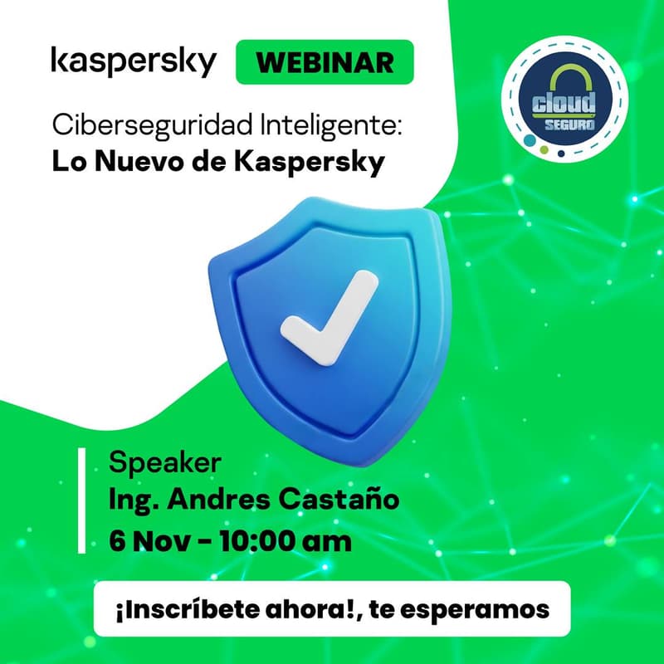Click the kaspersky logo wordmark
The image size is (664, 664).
134,62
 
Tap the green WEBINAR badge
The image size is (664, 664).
325,62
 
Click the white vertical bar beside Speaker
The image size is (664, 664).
81,500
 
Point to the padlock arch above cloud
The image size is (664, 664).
565,80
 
